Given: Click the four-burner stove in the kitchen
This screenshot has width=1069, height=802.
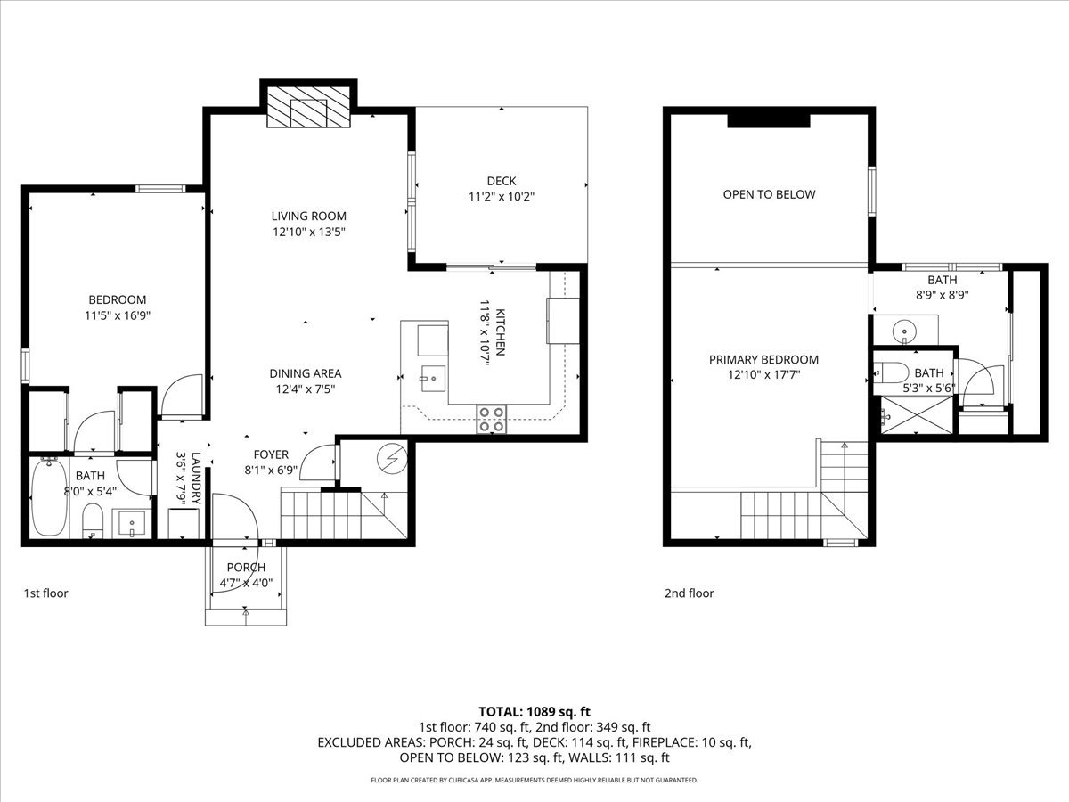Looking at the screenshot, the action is [491, 419].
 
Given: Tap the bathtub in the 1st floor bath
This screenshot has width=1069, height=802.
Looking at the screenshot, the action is [49, 496].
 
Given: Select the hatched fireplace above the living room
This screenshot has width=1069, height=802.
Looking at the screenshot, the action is [308, 107].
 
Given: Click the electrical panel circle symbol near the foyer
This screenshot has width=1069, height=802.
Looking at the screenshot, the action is [392, 458].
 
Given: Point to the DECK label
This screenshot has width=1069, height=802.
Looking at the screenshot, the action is [502, 181].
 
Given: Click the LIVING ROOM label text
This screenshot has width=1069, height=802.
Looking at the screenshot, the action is [309, 216].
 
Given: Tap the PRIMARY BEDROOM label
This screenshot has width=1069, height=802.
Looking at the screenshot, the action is [763, 359].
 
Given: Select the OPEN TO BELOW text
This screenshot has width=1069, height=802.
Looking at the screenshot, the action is [769, 194].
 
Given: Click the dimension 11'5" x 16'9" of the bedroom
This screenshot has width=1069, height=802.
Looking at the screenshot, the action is [118, 315].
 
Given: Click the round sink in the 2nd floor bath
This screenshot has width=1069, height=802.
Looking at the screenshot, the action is [904, 332].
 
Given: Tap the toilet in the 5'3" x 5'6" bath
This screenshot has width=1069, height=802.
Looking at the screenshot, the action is [891, 374].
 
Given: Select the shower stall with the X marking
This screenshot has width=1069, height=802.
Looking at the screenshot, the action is [917, 415].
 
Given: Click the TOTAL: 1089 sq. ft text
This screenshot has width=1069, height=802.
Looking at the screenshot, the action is [534, 712].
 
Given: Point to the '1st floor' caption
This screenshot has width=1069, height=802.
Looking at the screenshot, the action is [45, 593].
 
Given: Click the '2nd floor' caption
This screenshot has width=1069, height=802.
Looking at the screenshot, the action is [690, 593].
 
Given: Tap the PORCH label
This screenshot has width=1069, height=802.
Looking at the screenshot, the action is [246, 568].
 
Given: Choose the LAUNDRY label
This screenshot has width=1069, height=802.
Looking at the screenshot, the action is [196, 479].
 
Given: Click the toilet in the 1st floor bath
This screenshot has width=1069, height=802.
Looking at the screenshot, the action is [93, 520].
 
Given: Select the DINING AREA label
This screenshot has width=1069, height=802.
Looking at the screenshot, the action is [306, 373].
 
